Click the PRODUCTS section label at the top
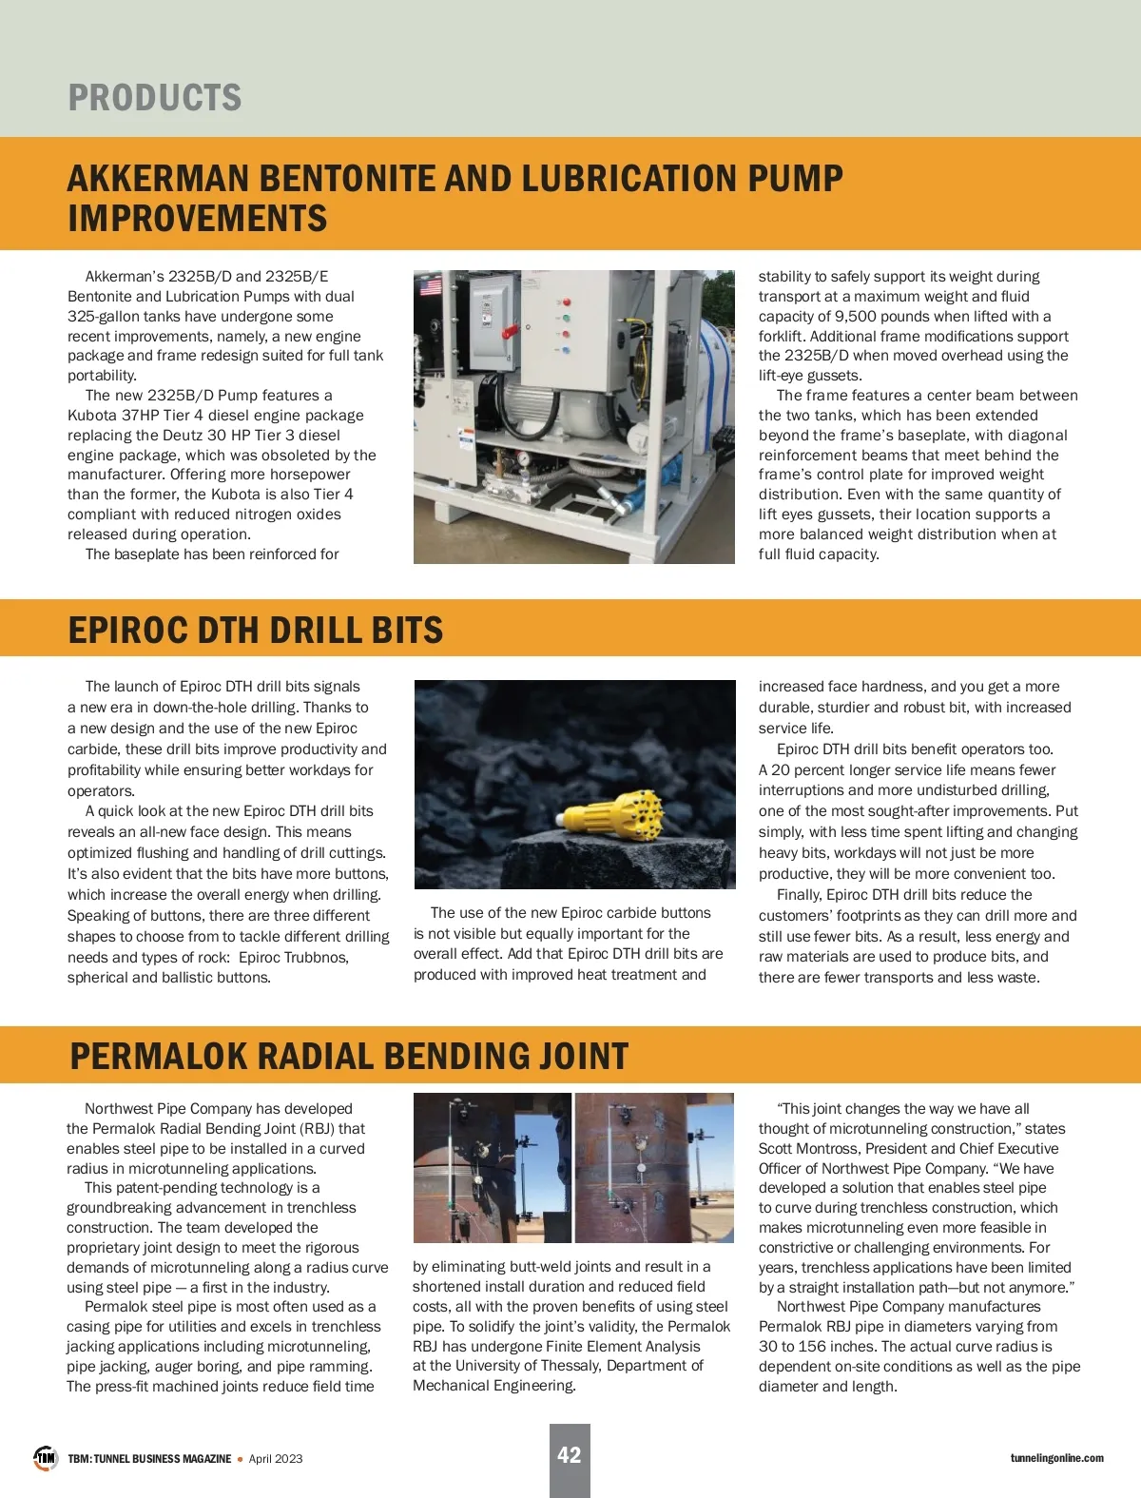(155, 98)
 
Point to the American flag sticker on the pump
(431, 285)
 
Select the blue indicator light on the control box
(567, 350)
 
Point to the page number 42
(569, 1455)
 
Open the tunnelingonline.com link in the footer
(1056, 1458)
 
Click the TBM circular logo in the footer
(46, 1458)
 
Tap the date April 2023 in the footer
(276, 1459)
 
